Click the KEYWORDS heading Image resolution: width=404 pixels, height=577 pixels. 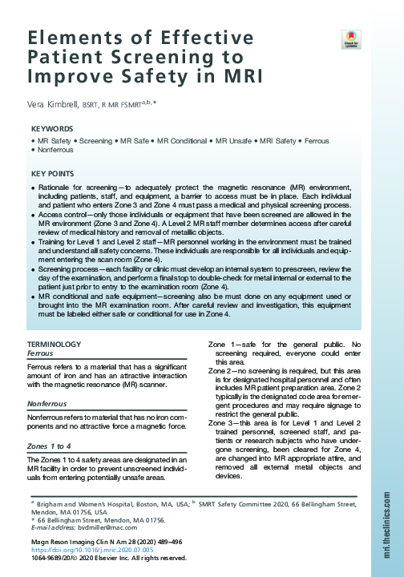pyautogui.click(x=53, y=128)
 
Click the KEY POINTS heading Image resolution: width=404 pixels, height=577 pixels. pyautogui.click(x=55, y=174)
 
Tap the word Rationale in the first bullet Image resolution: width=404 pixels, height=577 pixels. pyautogui.click(x=55, y=186)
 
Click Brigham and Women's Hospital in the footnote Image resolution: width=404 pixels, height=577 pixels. pyautogui.click(x=84, y=504)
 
